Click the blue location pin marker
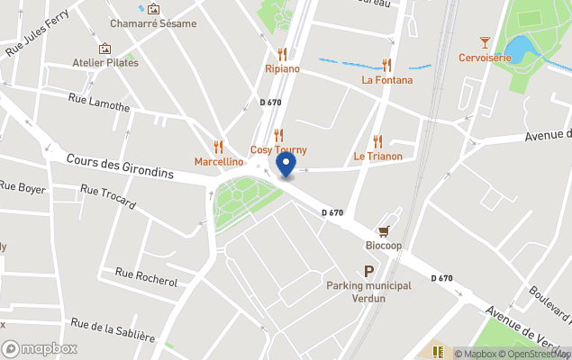pos(286,165)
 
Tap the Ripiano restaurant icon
pos(282,54)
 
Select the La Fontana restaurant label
pos(387,80)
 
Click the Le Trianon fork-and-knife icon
pos(377,141)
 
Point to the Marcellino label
pos(219,162)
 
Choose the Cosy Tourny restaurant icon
pos(278,135)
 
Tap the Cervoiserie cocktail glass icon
pos(485,42)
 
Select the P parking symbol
pos(368,271)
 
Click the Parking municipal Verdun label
pos(368,292)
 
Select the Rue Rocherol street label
pos(147,276)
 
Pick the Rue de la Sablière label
pos(113,331)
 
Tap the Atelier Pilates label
pos(105,63)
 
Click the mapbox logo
pos(40,348)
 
